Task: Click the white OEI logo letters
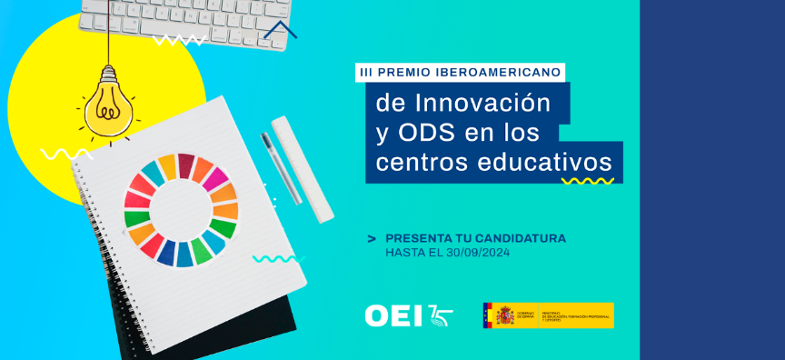[x=393, y=315]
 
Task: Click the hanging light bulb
[x=109, y=104]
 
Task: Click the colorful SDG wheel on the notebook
[x=180, y=210]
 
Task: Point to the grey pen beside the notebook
[x=281, y=169]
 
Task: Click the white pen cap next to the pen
[x=302, y=168]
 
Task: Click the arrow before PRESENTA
[x=372, y=239]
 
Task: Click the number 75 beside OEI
[x=440, y=315]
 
